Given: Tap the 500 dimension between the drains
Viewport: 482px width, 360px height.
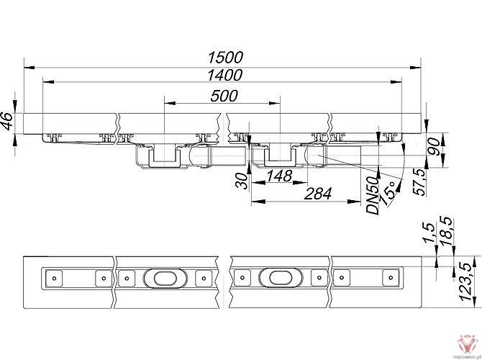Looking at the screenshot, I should [x=225, y=96].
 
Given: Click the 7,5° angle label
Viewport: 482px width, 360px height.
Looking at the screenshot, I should [x=389, y=194].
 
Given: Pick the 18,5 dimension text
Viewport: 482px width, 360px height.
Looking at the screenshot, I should [x=447, y=231].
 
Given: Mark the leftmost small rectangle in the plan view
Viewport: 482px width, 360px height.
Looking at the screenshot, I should [x=53, y=277].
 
